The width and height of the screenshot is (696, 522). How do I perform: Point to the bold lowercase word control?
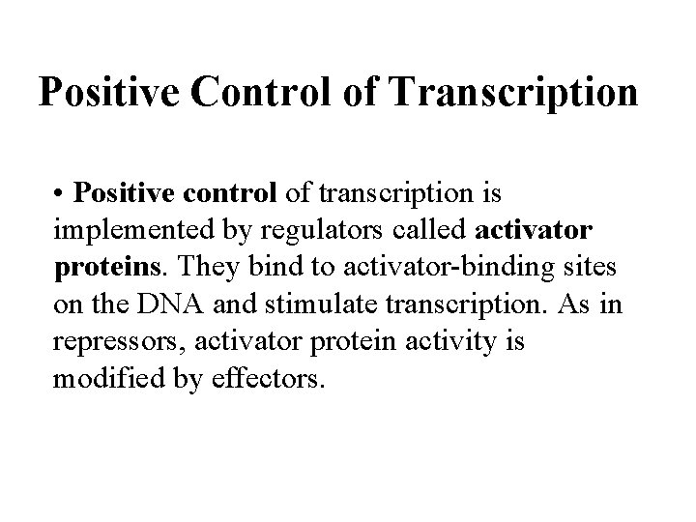pos(232,194)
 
